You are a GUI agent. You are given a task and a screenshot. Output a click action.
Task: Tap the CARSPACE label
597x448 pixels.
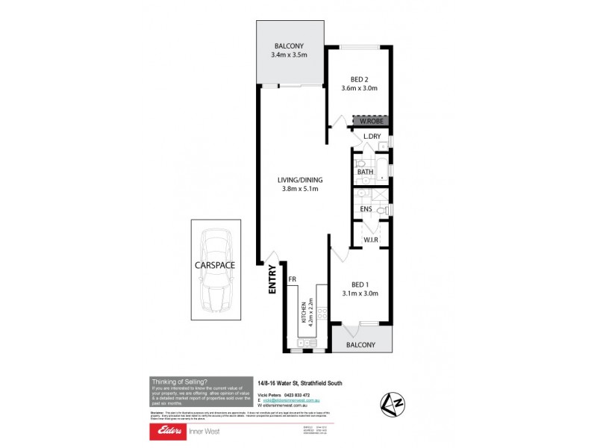[216, 264]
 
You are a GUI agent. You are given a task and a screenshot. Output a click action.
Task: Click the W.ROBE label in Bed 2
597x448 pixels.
[372, 121]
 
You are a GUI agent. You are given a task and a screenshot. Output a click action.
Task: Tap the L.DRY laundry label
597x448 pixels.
[372, 137]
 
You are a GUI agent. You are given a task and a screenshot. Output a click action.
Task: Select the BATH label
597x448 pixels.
[365, 172]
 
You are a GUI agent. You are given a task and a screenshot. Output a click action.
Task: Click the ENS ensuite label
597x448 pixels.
[366, 209]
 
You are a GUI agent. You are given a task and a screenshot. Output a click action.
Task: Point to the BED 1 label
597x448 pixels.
[360, 284]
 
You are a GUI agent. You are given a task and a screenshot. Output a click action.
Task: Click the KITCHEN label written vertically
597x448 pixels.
[304, 314]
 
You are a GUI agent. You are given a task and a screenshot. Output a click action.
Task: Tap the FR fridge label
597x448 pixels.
[293, 279]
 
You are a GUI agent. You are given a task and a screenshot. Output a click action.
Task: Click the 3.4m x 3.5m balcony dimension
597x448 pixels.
[291, 55]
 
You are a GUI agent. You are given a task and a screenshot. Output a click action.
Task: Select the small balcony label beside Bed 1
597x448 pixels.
[361, 344]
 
